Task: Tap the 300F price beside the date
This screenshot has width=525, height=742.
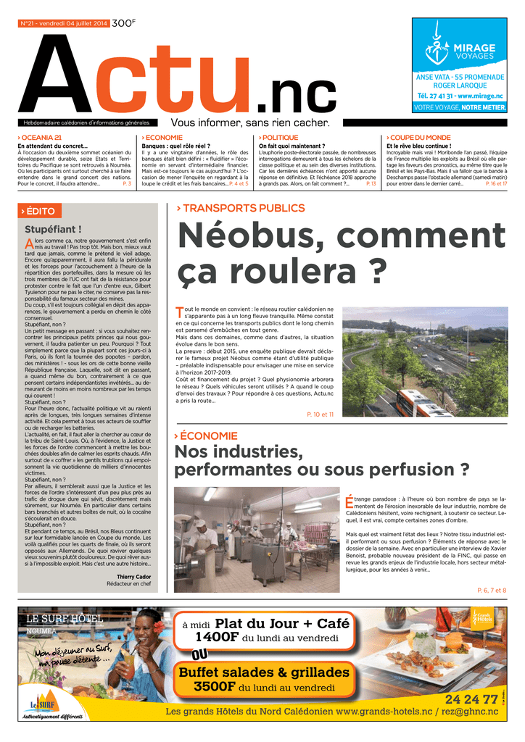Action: coord(123,23)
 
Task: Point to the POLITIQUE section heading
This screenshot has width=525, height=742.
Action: coord(279,138)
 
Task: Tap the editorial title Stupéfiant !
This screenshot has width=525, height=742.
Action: coord(53,230)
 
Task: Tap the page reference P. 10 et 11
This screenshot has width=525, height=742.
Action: coord(320,414)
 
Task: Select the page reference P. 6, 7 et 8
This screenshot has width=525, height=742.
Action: coord(491,591)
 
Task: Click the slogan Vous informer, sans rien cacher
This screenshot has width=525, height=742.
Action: coord(250,122)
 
